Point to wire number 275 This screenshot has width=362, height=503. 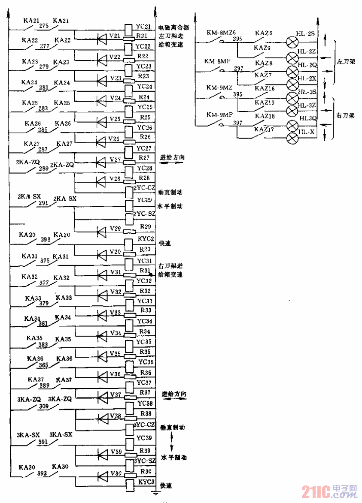44,25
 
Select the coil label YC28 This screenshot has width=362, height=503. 144,168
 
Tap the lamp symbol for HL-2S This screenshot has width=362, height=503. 292,42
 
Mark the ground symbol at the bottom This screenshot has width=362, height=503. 155,494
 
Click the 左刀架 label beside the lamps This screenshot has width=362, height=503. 346,62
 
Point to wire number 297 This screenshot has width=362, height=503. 238,69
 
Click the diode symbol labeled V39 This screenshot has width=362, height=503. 102,454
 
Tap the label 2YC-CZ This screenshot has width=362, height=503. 144,187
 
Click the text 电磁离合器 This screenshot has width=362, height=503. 173,28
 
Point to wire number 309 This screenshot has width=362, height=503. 43,406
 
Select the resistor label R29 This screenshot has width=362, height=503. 144,226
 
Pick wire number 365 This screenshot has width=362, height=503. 44,365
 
